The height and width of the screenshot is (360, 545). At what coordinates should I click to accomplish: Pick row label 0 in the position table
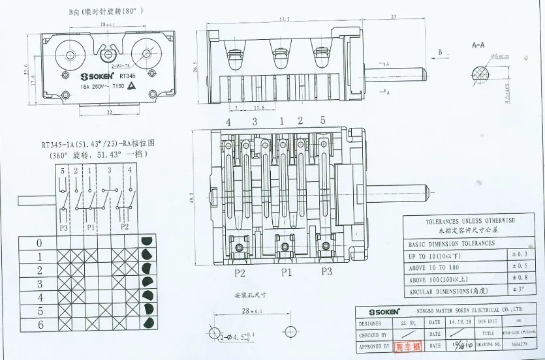(x=39, y=243)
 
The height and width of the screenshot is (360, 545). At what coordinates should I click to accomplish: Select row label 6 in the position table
(x=39, y=324)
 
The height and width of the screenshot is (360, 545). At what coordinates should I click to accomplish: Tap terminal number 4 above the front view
(x=228, y=121)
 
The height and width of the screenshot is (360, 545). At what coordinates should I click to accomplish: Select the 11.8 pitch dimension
(x=258, y=108)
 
